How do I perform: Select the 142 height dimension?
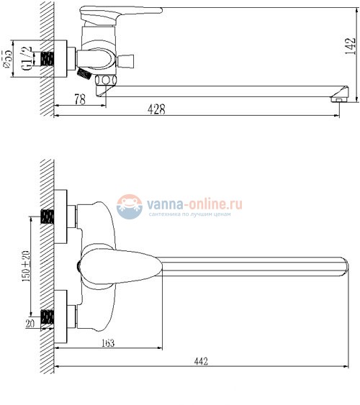pyautogui.click(x=348, y=46)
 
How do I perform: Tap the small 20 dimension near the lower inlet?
pyautogui.click(x=30, y=323)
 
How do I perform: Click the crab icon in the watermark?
pyautogui.click(x=130, y=206)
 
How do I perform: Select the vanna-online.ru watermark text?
pyautogui.click(x=195, y=204)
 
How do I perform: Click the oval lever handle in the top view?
pyautogui.click(x=119, y=267)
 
